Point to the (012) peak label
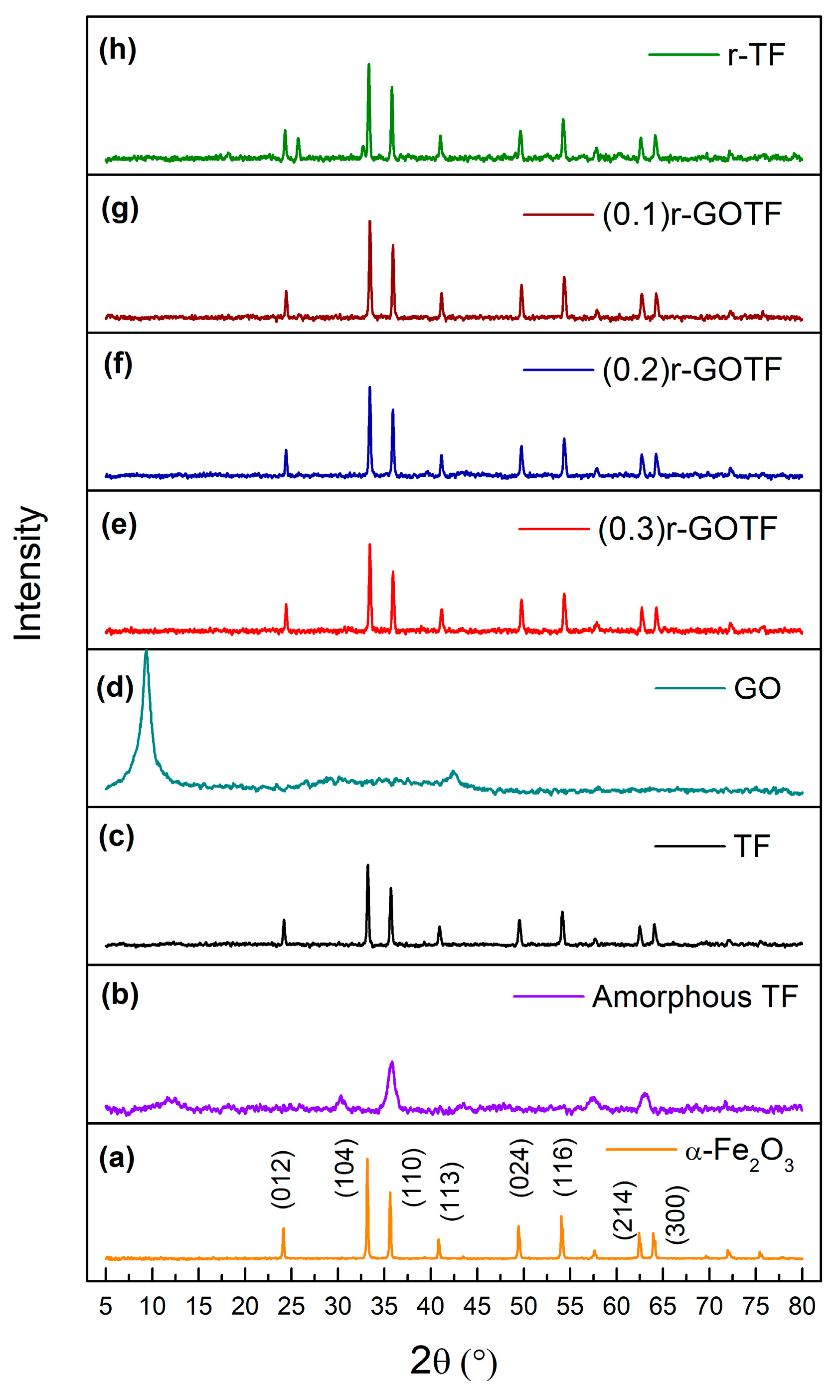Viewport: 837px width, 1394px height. (x=282, y=1179)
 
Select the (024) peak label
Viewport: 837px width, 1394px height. (x=520, y=1167)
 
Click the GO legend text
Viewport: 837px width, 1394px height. (x=757, y=688)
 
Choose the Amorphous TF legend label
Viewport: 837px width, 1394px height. (x=694, y=997)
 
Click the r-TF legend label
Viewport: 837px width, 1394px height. (x=756, y=55)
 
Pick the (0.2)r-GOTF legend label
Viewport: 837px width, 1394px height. (x=691, y=370)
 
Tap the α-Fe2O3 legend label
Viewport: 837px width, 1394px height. (x=739, y=1153)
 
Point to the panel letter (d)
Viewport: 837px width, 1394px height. (x=115, y=688)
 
